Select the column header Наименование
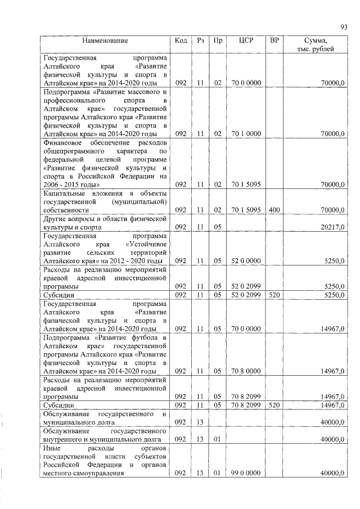105,40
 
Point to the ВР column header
274,40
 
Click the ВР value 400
274,210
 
